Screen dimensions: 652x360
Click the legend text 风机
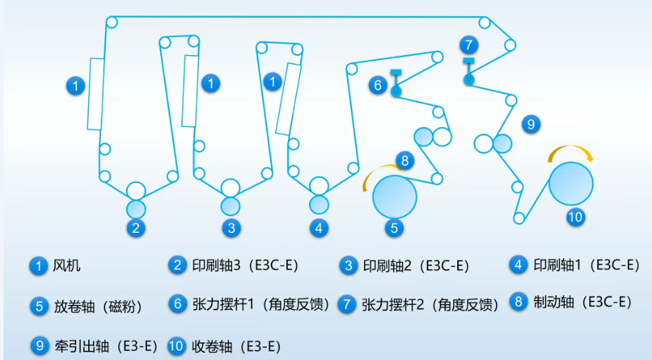coord(66,265)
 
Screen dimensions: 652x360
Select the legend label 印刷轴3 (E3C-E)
coord(246,265)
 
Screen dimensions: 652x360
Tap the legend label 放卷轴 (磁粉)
coord(98,307)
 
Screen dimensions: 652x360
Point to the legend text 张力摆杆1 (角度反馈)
coord(261,305)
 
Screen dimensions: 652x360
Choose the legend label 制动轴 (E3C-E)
coord(583,302)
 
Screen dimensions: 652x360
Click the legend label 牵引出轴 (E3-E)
coord(106,346)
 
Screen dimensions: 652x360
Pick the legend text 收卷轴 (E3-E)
coord(236,346)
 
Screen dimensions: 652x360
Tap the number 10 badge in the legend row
coord(176,347)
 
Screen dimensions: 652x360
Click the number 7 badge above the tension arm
coord(469,44)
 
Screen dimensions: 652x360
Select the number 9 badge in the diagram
coord(531,124)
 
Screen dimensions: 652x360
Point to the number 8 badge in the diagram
coord(404,161)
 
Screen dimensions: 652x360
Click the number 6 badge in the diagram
coord(378,85)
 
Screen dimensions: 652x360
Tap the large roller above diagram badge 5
coord(394,197)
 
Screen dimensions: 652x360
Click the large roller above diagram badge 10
coord(571,184)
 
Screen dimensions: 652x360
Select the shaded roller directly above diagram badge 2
coord(136,209)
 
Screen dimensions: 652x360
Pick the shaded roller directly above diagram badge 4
coord(319,204)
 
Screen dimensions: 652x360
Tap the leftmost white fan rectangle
coord(96,94)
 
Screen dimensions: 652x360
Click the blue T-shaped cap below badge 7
coord(469,61)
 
